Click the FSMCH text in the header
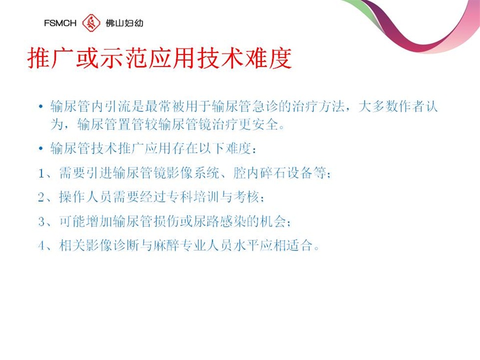coord(60,23)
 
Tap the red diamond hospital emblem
coord(91,23)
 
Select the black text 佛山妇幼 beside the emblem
coord(124,23)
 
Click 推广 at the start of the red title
coord(50,58)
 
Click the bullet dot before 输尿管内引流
coord(41,107)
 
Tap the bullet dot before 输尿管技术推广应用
coord(41,149)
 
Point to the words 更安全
coord(259,124)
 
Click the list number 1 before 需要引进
coord(41,173)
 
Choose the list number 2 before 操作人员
coord(41,197)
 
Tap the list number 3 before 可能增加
coord(41,221)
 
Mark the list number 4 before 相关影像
coord(41,245)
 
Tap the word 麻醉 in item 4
coord(166,245)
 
